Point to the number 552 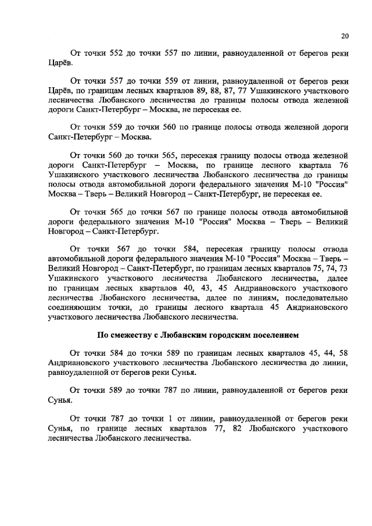[117, 53]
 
